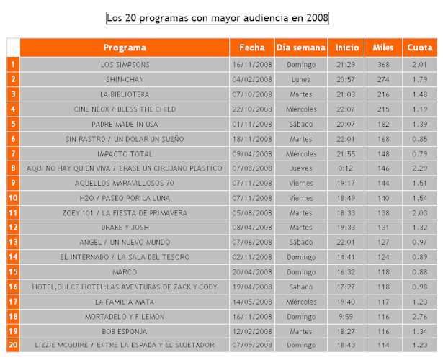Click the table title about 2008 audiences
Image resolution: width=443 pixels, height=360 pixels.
point(217,17)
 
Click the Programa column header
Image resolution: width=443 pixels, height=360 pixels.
point(125,48)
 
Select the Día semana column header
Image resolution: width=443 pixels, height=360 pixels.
point(300,48)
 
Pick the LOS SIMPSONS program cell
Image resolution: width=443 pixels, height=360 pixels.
point(125,65)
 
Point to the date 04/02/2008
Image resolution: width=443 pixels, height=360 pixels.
point(251,79)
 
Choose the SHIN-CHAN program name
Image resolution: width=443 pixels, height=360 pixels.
point(125,79)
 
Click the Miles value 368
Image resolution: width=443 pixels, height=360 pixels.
point(383,65)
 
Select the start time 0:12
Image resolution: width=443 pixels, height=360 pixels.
point(346,168)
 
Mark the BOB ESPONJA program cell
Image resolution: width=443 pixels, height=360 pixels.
point(125,331)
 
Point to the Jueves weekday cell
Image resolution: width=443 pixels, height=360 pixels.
point(300,168)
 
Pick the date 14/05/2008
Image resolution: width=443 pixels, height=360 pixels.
point(251,302)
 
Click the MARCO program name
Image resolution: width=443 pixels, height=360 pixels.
point(125,272)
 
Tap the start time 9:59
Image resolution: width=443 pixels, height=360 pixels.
point(346,316)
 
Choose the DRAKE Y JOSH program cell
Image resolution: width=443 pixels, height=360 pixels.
point(125,228)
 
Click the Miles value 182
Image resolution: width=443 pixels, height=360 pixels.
point(383,124)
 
